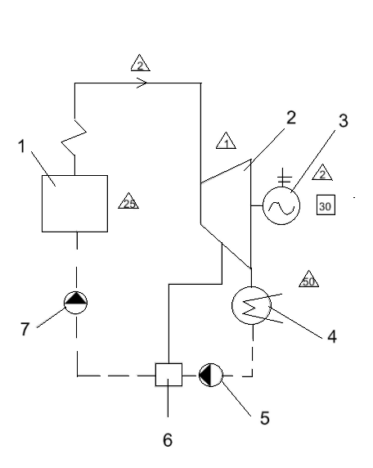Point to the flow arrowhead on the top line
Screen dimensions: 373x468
tap(142, 83)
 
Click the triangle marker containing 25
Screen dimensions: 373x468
tap(128, 201)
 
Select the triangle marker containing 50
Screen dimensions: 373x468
tap(309, 279)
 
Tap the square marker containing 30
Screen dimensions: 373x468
tap(326, 205)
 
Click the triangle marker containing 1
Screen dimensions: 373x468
tap(226, 141)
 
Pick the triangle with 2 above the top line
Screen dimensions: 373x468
tap(140, 63)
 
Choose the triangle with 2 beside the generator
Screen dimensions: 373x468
tap(322, 172)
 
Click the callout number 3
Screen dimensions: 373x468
tap(344, 120)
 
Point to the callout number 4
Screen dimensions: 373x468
tap(332, 336)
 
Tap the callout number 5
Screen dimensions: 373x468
tap(265, 418)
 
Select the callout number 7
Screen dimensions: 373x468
tap(25, 329)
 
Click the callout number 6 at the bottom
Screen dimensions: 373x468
tap(168, 440)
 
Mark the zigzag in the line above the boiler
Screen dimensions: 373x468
tap(74, 137)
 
